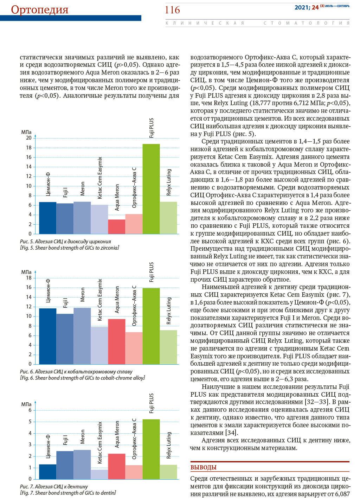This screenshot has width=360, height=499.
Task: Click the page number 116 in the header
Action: click(x=172, y=10)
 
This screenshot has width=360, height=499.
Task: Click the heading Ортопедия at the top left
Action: click(x=40, y=10)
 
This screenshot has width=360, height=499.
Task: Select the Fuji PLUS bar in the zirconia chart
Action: click(x=151, y=189)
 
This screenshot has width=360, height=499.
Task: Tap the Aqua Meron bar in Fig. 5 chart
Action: click(x=116, y=226)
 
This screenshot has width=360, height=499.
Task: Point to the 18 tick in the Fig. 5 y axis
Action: click(x=29, y=148)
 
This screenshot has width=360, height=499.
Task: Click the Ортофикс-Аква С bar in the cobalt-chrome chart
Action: click(x=134, y=348)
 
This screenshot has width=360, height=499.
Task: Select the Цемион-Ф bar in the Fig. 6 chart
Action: click(x=48, y=336)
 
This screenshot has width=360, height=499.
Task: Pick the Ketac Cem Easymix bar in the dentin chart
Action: click(x=99, y=474)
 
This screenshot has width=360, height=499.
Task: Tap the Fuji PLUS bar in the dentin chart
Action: click(x=151, y=449)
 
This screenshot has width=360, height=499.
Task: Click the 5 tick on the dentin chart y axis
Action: click(x=30, y=422)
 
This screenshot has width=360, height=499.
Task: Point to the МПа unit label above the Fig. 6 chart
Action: click(x=26, y=272)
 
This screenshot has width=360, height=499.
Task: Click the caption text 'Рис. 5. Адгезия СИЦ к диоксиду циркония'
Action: click(x=65, y=242)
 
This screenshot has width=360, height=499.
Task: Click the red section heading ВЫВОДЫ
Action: click(x=204, y=467)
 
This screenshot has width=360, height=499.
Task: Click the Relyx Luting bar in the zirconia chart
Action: click(x=168, y=218)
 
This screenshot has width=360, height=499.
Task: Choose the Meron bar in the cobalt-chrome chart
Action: click(x=82, y=336)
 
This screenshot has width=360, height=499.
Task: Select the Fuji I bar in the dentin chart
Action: click(x=65, y=465)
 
